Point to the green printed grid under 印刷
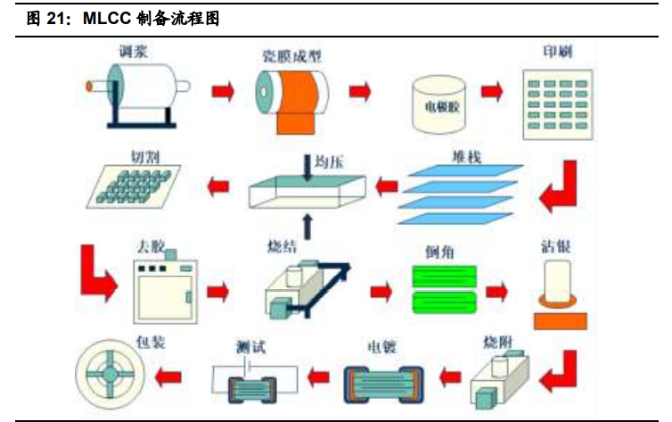(556, 103)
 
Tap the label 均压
(329, 161)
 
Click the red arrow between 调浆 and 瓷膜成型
(223, 90)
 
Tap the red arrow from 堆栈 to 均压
(387, 186)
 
